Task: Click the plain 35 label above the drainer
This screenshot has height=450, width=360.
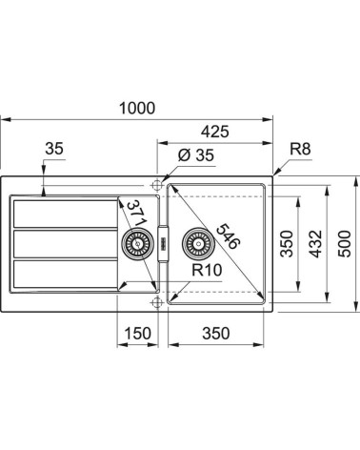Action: (x=54, y=148)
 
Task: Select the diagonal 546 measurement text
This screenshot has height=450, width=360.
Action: (x=226, y=231)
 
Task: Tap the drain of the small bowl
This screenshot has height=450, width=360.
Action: (x=134, y=245)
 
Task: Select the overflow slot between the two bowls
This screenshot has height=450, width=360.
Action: (x=163, y=244)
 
